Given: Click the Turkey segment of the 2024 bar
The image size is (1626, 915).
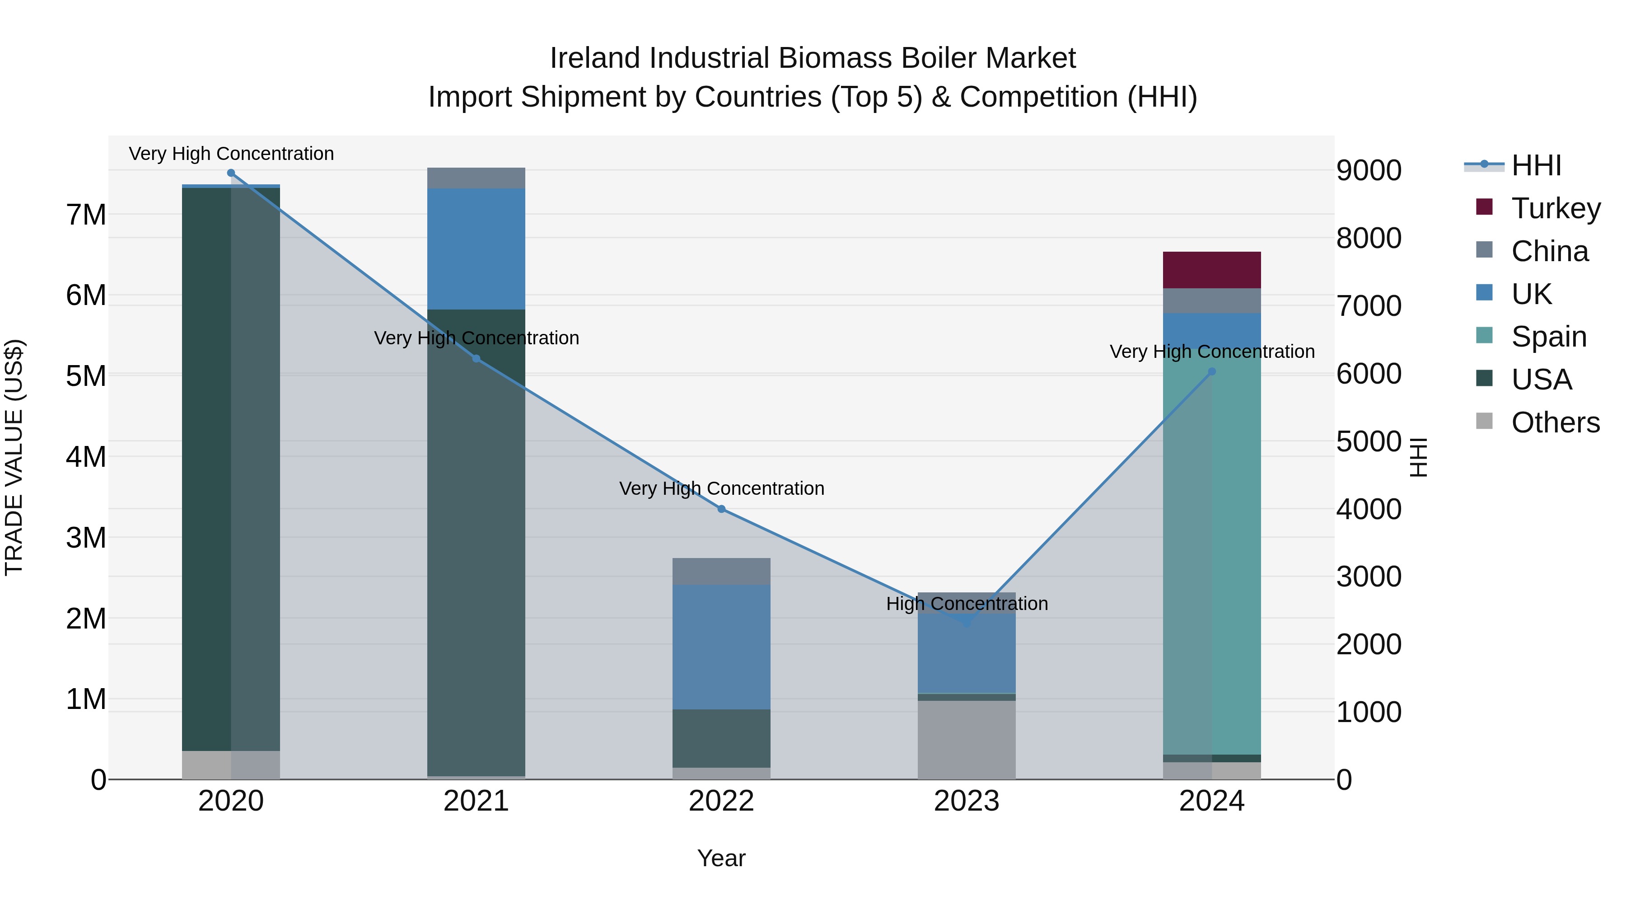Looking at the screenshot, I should click(x=1211, y=270).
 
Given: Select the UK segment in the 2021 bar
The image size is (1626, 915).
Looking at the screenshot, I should click(x=476, y=249).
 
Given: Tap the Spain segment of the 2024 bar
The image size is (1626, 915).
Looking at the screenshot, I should click(x=1211, y=549).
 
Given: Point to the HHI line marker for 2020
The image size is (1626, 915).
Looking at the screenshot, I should click(x=231, y=173).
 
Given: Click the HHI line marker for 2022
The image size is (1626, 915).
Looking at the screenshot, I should click(x=721, y=509).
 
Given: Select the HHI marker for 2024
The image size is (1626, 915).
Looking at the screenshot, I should click(x=1211, y=372).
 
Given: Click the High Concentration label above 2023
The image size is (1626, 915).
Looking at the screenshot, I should click(x=967, y=604).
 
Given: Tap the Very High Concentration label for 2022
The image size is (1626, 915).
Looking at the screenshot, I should click(x=721, y=489).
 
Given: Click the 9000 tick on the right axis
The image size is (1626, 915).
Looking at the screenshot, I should click(x=1369, y=170).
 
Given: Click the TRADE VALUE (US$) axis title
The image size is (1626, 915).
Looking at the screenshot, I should click(x=14, y=457).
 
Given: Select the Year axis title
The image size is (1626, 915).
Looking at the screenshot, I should click(x=721, y=858).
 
